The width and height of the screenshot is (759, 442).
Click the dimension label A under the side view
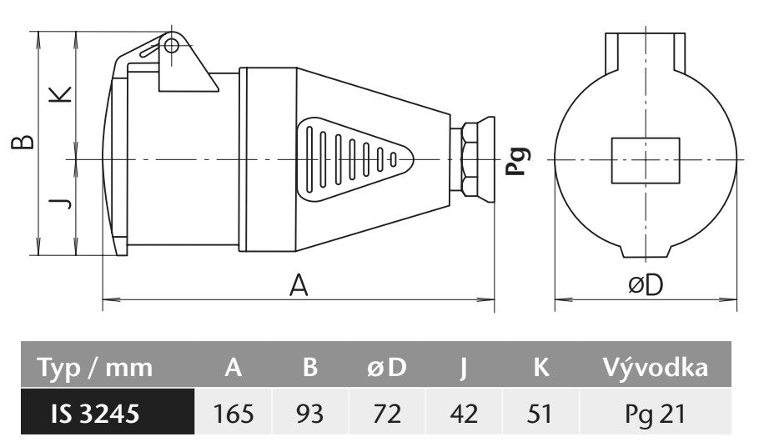[299, 286]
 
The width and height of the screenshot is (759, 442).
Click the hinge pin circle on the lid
[171, 43]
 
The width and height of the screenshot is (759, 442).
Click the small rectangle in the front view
[646, 159]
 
